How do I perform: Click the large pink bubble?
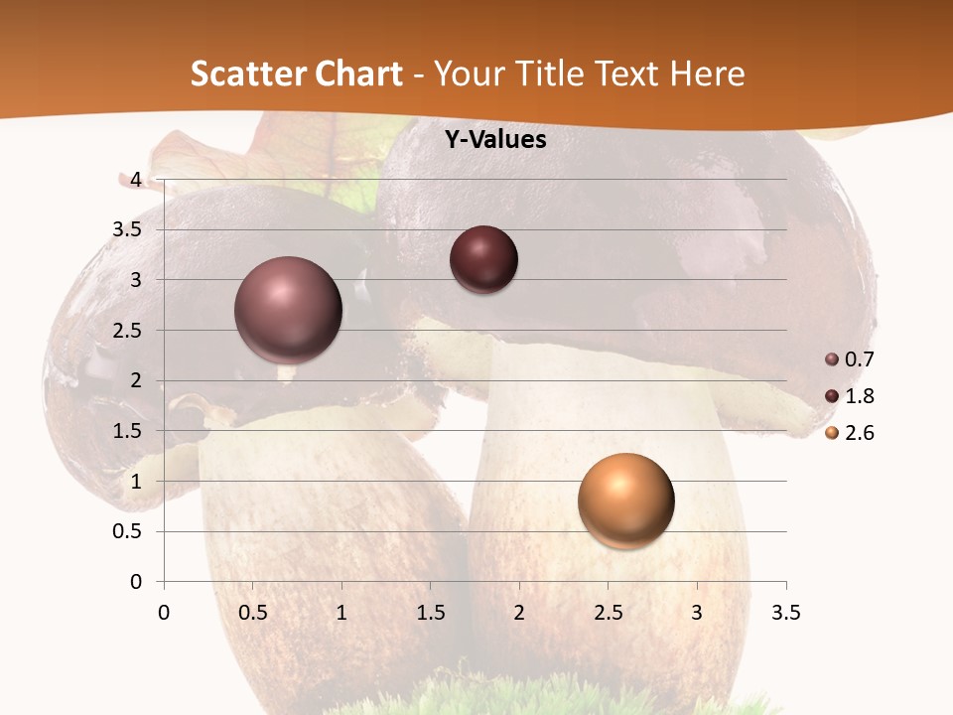289,309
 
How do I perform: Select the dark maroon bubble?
483,259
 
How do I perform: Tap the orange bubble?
625,500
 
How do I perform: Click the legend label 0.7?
859,359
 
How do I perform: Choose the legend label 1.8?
859,396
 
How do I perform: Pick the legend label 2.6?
859,433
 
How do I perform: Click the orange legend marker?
832,433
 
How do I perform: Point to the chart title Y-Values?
494,140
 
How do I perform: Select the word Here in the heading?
707,73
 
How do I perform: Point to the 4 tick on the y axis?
136,180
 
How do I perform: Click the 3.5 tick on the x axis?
786,613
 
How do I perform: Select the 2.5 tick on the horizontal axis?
608,613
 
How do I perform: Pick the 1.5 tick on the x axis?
430,613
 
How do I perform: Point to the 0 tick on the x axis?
164,613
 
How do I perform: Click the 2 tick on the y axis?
136,380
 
